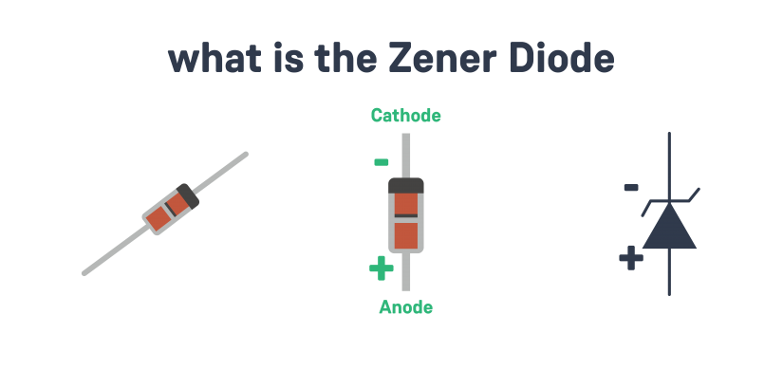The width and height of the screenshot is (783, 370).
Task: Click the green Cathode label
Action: pos(406,116)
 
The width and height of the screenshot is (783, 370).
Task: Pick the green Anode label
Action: pos(406,307)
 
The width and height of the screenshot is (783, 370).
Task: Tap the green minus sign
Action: pos(382,162)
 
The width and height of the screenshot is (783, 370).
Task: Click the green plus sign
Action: pos(381,269)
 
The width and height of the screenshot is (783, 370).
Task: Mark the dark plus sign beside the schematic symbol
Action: pos(631,257)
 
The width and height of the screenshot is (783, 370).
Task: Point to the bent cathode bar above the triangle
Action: pos(671,201)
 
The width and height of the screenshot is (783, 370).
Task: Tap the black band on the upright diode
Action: pos(406,183)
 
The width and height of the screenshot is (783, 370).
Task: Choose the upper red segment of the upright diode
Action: pos(406,203)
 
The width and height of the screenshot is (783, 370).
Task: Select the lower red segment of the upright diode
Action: pos(406,233)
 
